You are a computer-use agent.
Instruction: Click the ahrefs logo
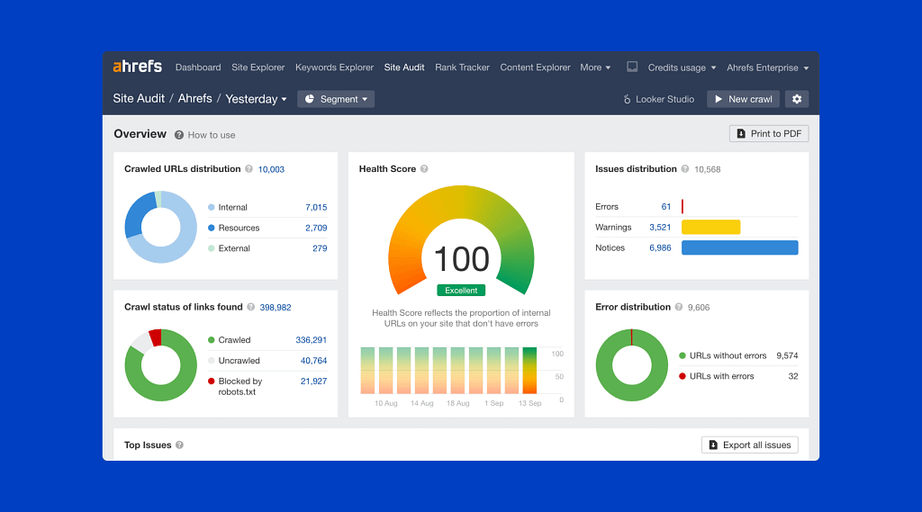(137, 67)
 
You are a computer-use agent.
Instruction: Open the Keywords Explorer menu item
(334, 67)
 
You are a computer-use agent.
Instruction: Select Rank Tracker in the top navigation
(462, 67)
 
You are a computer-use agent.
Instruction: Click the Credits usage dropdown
(682, 67)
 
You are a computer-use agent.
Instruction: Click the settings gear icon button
(796, 99)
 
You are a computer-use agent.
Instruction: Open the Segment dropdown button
(336, 99)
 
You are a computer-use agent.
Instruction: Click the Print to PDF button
(768, 134)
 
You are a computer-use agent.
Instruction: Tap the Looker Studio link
(659, 99)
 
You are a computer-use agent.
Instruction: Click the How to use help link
(211, 135)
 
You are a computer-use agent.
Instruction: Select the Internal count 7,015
(315, 207)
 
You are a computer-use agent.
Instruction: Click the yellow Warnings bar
(710, 228)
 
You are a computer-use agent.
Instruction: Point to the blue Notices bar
(739, 247)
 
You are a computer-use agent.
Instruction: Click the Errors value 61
(665, 207)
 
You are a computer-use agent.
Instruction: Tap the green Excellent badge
(461, 291)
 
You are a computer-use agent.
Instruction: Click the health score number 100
(461, 259)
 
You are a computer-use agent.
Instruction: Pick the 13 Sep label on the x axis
(529, 403)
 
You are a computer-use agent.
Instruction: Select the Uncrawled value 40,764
(313, 361)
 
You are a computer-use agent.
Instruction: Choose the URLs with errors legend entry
(721, 376)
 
